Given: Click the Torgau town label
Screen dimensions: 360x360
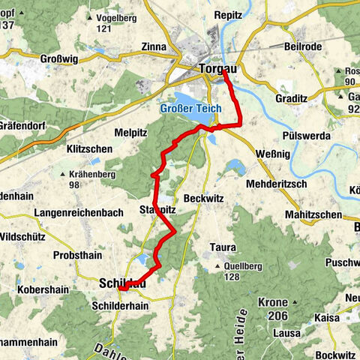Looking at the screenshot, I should [219, 69].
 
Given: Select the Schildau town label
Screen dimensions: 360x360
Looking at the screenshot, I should [122, 283].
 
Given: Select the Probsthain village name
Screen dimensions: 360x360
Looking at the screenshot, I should [79, 255].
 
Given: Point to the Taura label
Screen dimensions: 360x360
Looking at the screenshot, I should [223, 247].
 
